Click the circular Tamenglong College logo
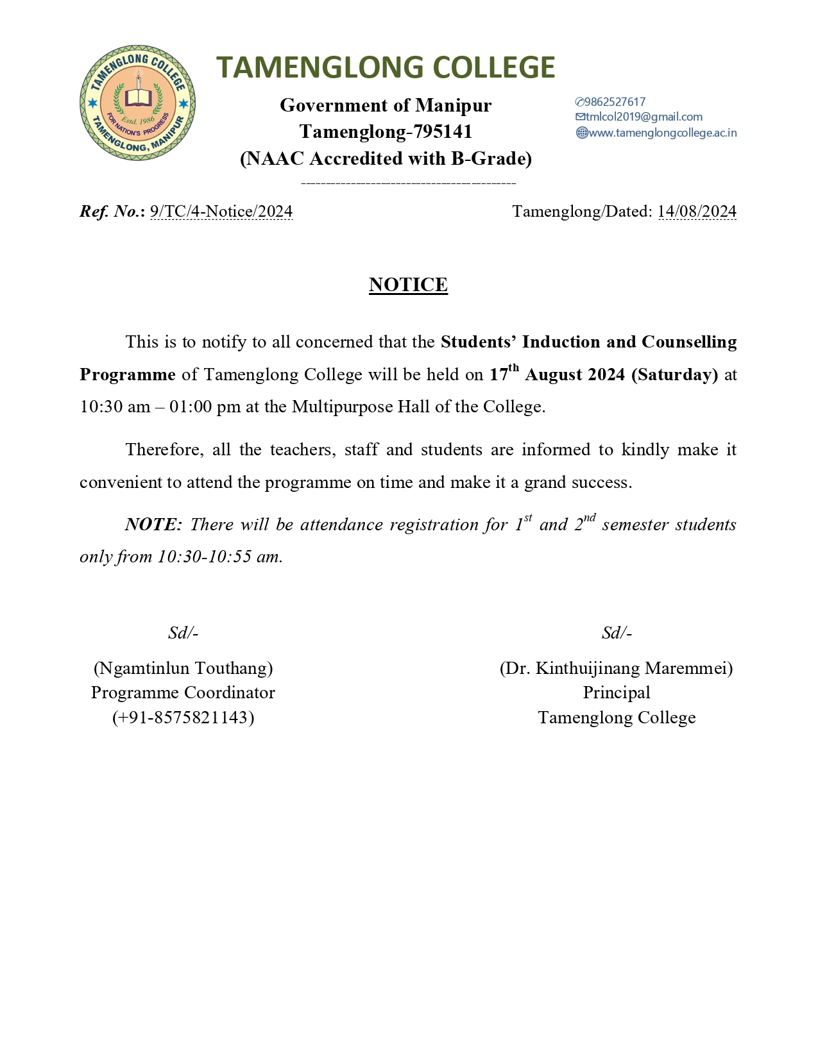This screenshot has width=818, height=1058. click(x=137, y=103)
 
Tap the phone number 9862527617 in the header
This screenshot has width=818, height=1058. click(x=615, y=102)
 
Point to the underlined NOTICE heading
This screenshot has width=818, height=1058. click(x=408, y=285)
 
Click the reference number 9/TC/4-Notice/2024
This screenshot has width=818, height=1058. click(x=221, y=212)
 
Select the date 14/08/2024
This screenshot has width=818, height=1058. click(x=697, y=212)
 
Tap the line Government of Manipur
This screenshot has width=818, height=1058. click(x=386, y=105)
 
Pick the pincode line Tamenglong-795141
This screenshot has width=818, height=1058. click(x=386, y=132)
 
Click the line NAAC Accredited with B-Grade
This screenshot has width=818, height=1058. click(x=386, y=158)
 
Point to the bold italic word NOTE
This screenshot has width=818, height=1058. click(x=152, y=525)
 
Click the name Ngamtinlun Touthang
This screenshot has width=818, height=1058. click(x=183, y=668)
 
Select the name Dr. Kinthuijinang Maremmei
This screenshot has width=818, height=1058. click(x=616, y=668)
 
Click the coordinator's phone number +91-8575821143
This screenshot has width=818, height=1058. click(x=183, y=717)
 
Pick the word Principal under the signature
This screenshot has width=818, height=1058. click(x=616, y=693)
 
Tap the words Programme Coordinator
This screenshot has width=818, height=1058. click(x=183, y=693)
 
